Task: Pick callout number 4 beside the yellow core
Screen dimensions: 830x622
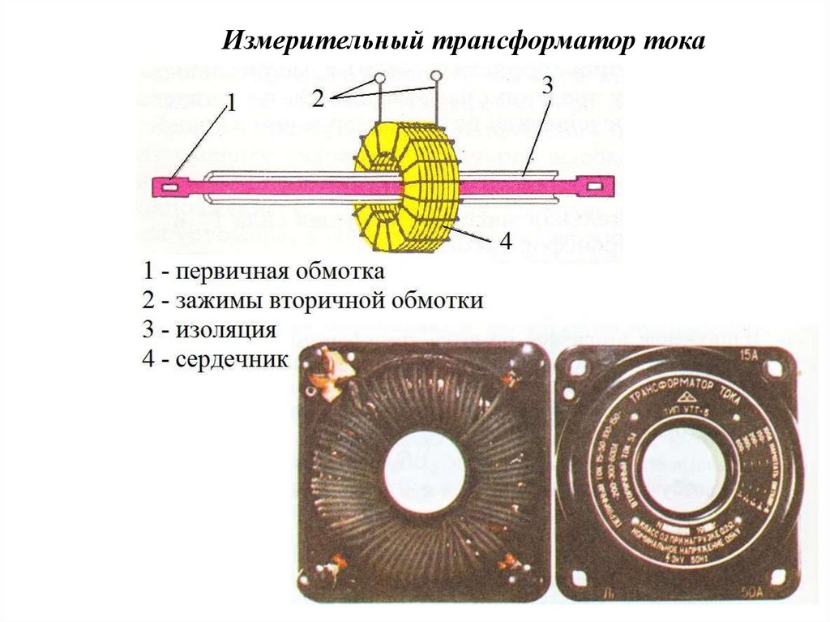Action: click(503, 241)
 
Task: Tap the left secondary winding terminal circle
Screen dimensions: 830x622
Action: click(379, 81)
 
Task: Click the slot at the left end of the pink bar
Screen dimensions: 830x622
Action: click(171, 187)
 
